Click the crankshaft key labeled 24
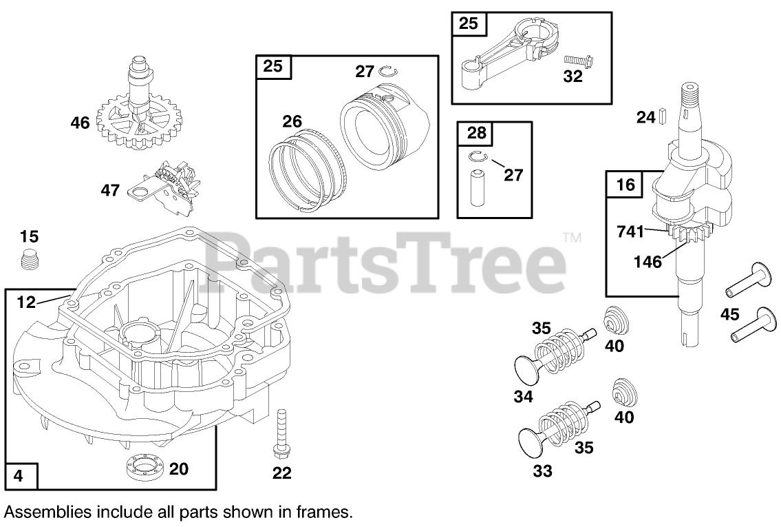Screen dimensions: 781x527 click(663, 115)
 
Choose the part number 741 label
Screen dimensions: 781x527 click(630, 232)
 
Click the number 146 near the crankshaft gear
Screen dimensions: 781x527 click(648, 262)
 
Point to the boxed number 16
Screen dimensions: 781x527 click(624, 185)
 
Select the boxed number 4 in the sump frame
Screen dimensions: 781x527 click(19, 475)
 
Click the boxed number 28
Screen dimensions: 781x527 click(476, 132)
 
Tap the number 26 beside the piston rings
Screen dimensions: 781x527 click(292, 122)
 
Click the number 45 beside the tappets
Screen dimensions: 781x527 click(729, 314)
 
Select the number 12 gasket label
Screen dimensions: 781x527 click(25, 301)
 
